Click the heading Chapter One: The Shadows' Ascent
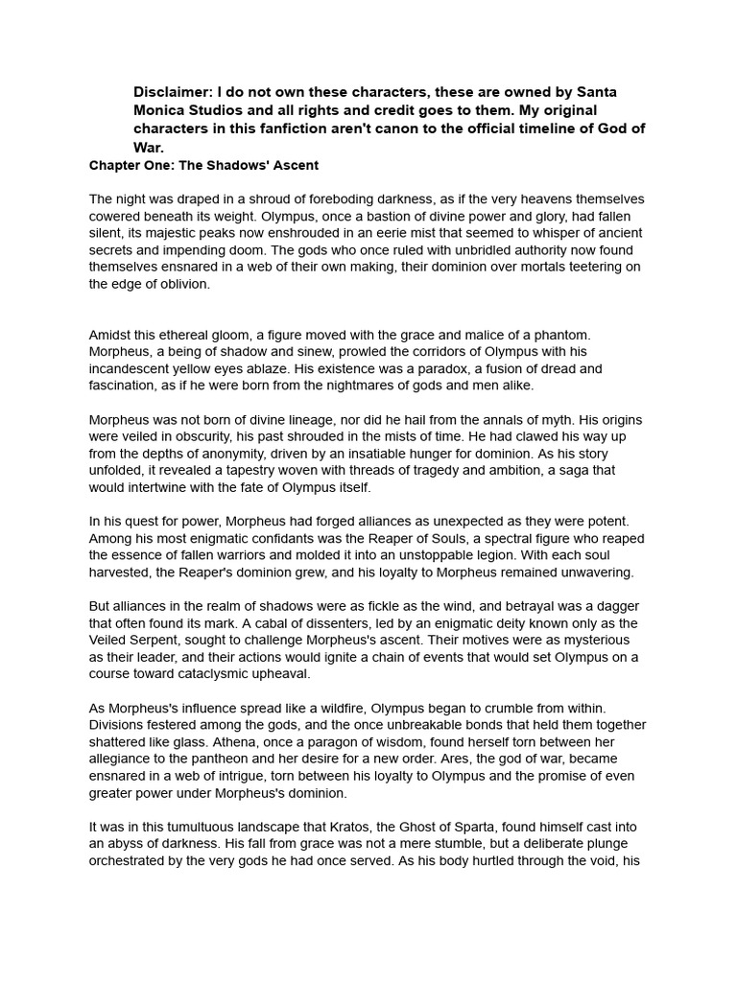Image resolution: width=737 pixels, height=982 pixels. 203,165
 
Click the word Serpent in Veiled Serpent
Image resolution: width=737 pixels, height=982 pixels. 162,640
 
